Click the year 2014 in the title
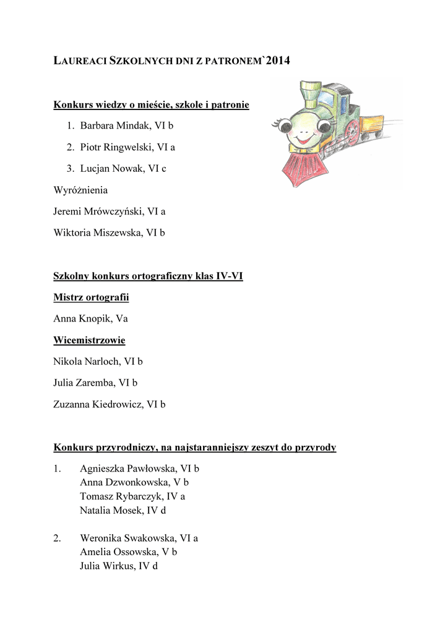[x=277, y=61]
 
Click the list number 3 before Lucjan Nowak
[x=71, y=168]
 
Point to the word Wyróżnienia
[x=80, y=190]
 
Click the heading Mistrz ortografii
[x=91, y=297]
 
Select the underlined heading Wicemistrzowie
[x=89, y=340]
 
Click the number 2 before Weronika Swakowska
[x=57, y=538]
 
